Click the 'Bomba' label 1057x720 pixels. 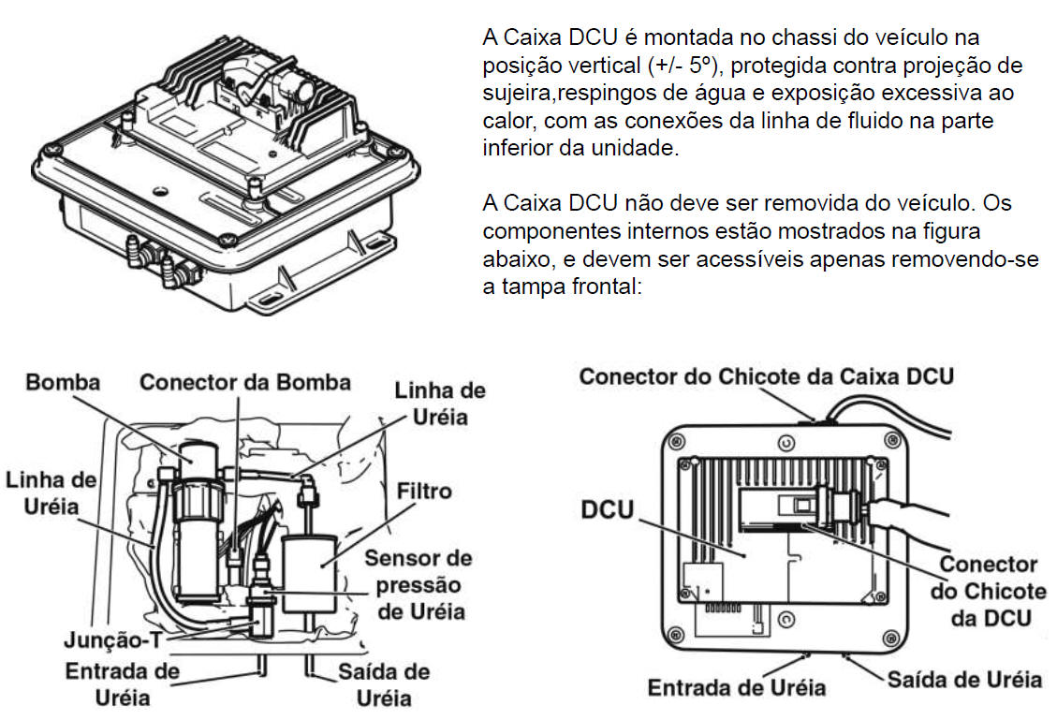tap(63, 382)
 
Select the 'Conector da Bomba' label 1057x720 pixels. tap(245, 382)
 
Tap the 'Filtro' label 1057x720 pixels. tap(424, 491)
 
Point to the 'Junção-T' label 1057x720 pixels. tap(113, 639)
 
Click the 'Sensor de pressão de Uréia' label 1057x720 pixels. tap(418, 584)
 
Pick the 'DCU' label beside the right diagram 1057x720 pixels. tap(608, 509)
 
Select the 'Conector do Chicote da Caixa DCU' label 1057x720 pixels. tap(767, 376)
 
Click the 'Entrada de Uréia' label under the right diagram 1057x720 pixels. tap(736, 687)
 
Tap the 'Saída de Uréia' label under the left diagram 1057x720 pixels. tap(384, 684)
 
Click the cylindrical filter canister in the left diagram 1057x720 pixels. tap(309, 574)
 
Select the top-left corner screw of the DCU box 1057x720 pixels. tap(675, 442)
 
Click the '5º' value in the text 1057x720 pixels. tap(700, 66)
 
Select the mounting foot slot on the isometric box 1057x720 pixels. tap(268, 298)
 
